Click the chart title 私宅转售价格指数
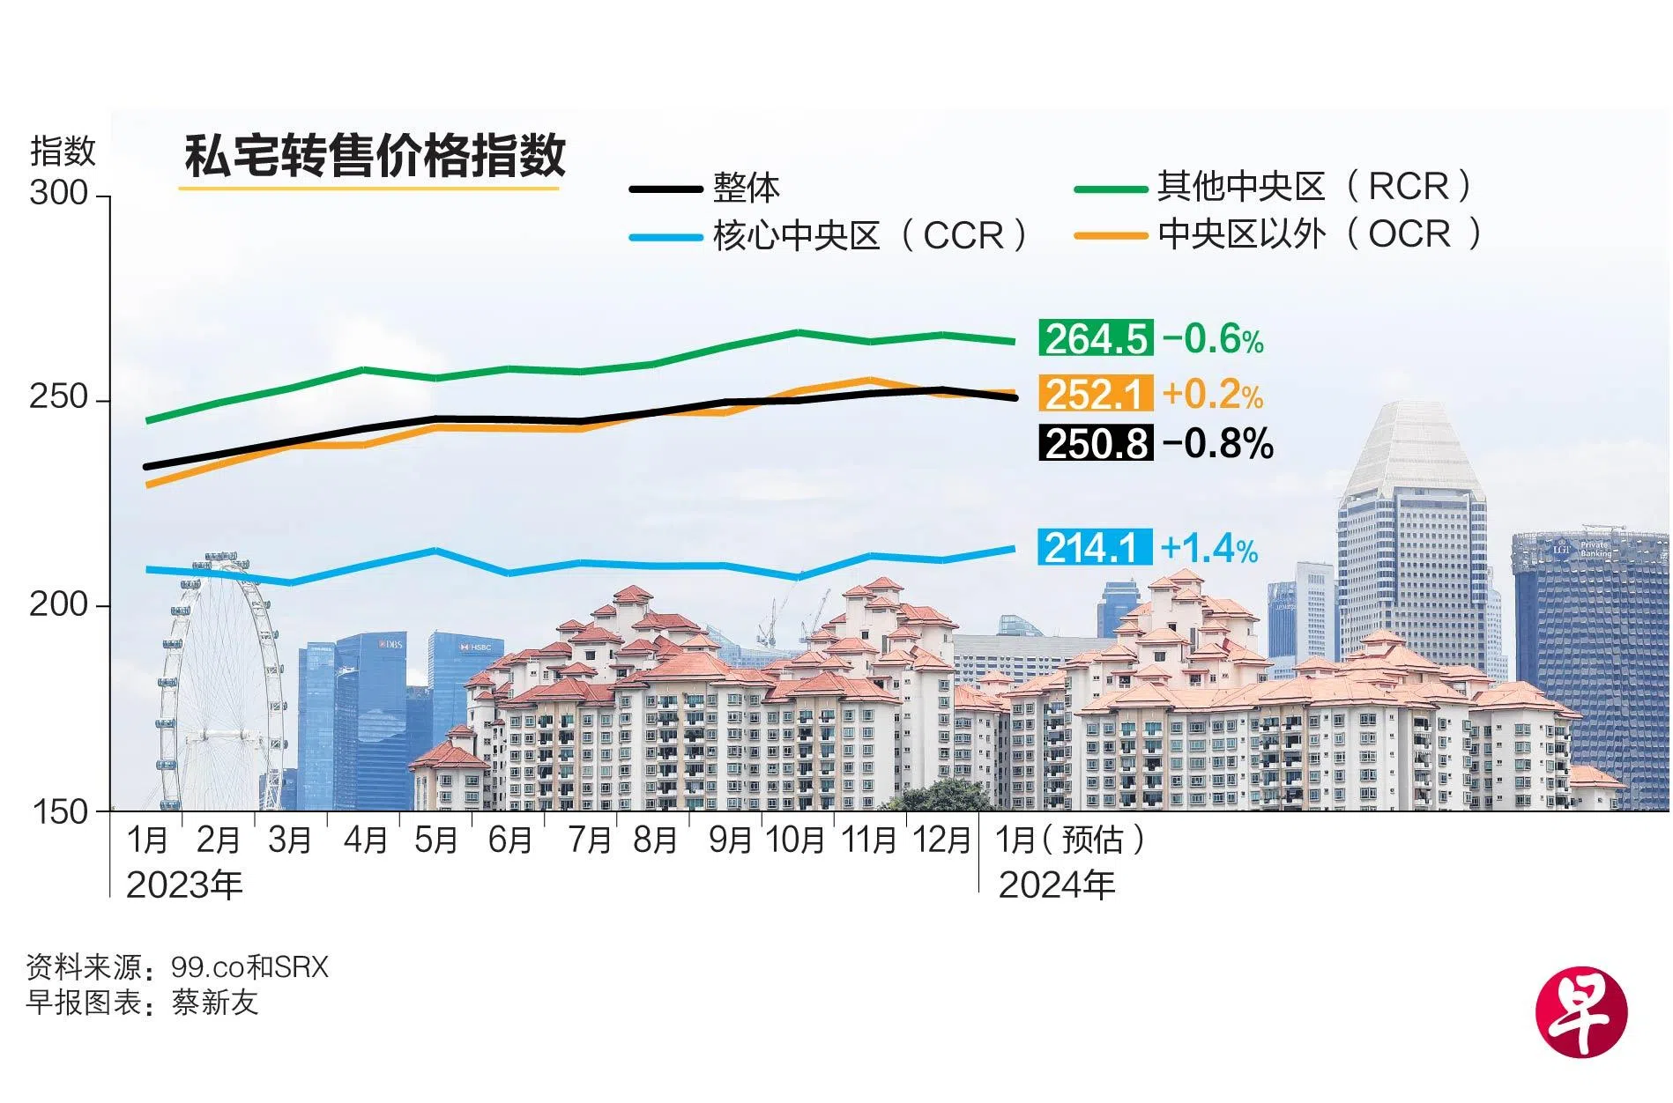(x=374, y=156)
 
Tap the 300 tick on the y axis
(x=60, y=193)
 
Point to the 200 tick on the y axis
(x=60, y=605)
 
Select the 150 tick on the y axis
(x=60, y=811)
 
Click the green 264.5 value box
(x=1096, y=339)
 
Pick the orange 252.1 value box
(x=1096, y=394)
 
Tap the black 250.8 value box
(x=1096, y=443)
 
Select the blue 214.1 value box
(x=1094, y=548)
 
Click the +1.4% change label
(x=1209, y=549)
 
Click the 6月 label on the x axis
(x=510, y=840)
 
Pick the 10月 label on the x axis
(x=794, y=840)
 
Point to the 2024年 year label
(x=1056, y=885)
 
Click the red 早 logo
(x=1581, y=1014)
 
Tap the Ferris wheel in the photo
(x=221, y=678)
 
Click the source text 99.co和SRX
(x=249, y=967)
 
